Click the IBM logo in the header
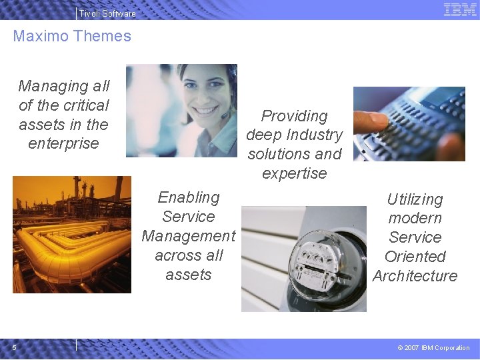[x=460, y=9]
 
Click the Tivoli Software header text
[x=107, y=13]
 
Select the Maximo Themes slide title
[x=72, y=36]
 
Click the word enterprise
[x=63, y=143]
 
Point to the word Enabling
[x=189, y=197]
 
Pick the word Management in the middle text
[x=189, y=236]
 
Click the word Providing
[x=294, y=116]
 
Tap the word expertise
[x=294, y=173]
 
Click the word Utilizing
[x=415, y=199]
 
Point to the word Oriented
[x=415, y=257]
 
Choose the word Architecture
[x=415, y=276]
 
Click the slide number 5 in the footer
[x=15, y=347]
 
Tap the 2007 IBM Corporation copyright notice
[x=433, y=347]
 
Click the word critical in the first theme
[x=82, y=105]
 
